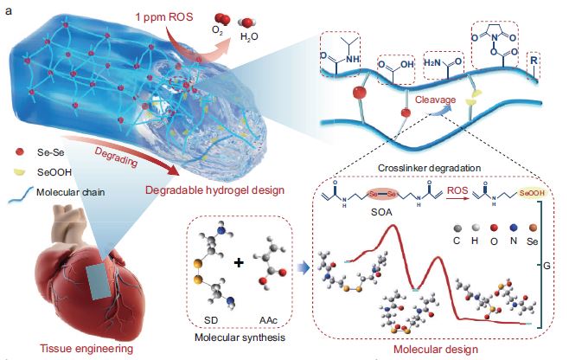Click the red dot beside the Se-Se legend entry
[x=19, y=152]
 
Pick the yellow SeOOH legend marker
[x=19, y=169]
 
